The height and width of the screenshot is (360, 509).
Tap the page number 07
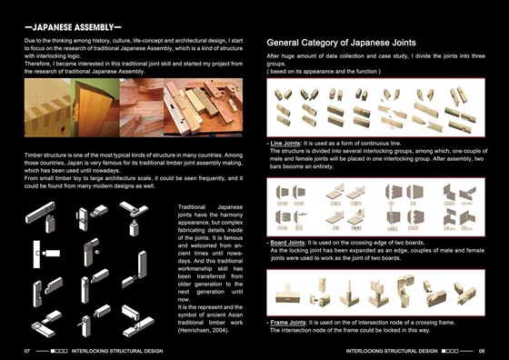coord(28,348)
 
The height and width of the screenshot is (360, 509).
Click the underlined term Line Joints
coord(290,144)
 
